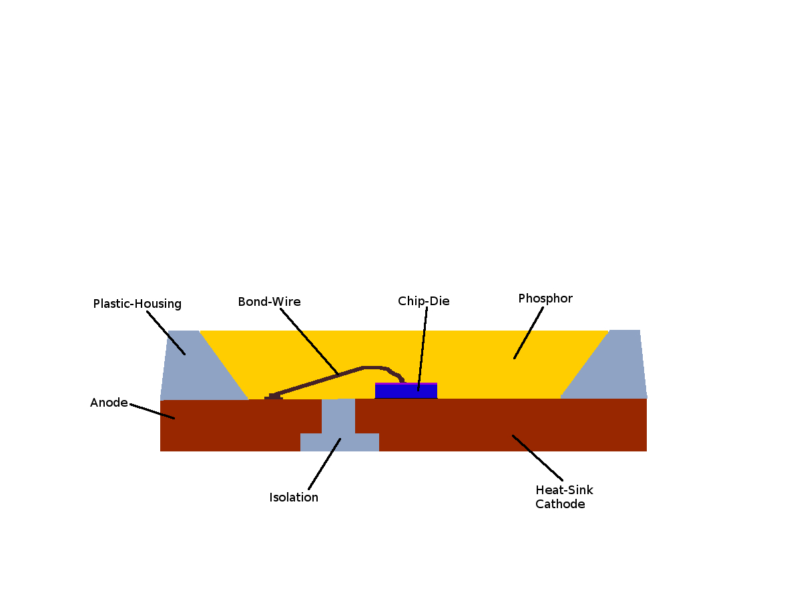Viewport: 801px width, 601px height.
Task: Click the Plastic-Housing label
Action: pyautogui.click(x=137, y=304)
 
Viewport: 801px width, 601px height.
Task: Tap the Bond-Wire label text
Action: pyautogui.click(x=269, y=302)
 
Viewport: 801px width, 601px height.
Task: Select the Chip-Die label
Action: pyautogui.click(x=423, y=301)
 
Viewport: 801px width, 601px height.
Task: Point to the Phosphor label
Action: pyautogui.click(x=545, y=298)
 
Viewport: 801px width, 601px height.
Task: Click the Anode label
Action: pyautogui.click(x=109, y=403)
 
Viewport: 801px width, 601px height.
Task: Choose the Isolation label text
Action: pyautogui.click(x=294, y=497)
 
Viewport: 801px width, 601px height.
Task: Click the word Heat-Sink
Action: pyautogui.click(x=564, y=490)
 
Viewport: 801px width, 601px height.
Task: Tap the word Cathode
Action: pyautogui.click(x=560, y=504)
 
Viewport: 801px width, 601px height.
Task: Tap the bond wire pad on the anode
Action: pyautogui.click(x=274, y=397)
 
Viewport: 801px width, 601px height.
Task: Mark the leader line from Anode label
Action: pyautogui.click(x=152, y=411)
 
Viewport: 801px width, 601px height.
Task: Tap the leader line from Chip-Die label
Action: pyautogui.click(x=423, y=347)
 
